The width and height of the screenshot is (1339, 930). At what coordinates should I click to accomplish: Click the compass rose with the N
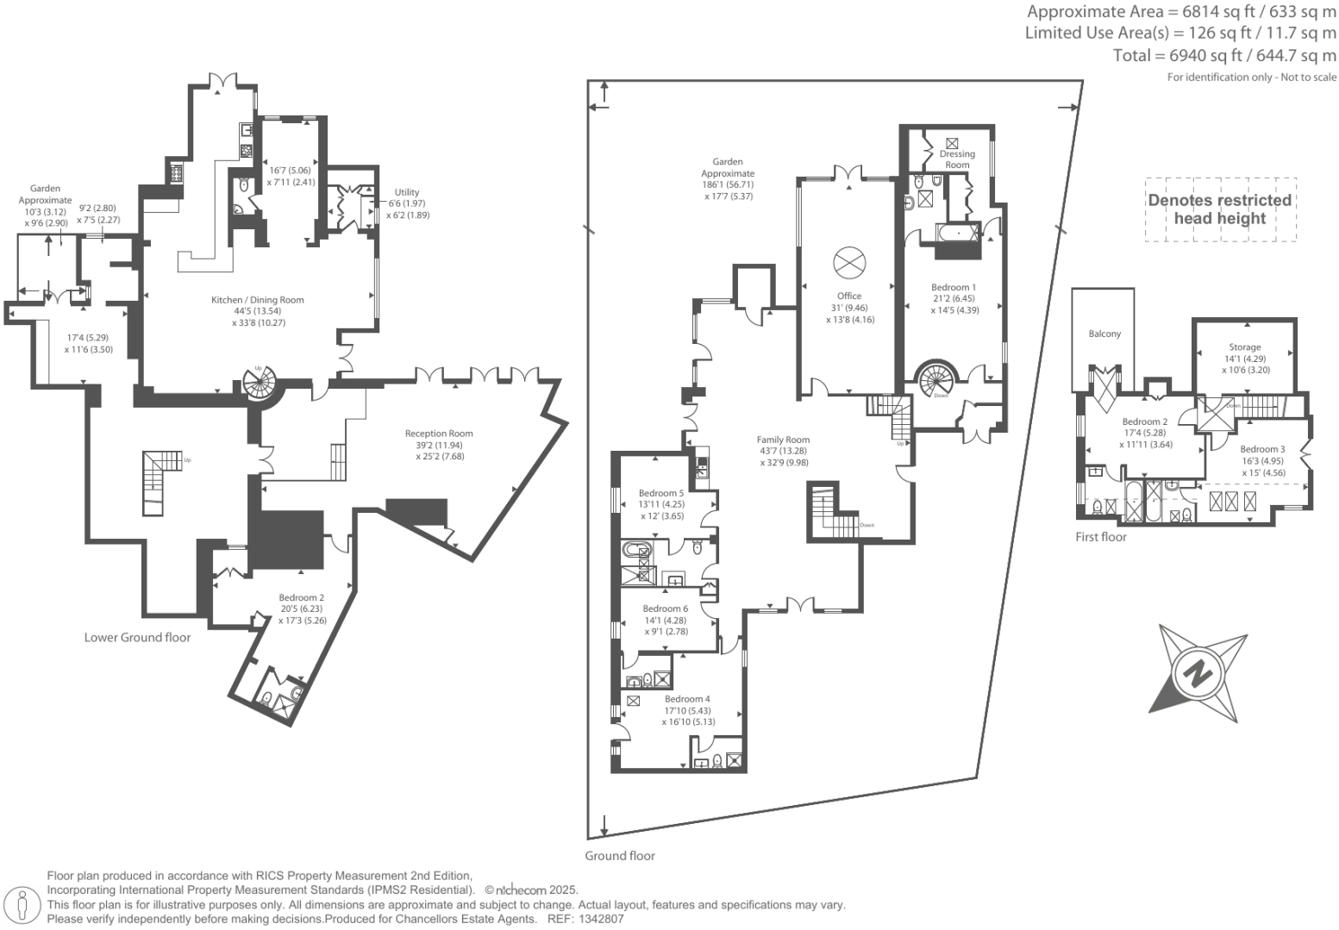click(x=1198, y=670)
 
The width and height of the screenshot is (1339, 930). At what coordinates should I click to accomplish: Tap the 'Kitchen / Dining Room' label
click(x=258, y=300)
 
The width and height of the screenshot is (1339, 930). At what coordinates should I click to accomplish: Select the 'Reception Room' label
click(x=439, y=434)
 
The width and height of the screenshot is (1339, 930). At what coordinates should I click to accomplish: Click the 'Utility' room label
click(x=407, y=192)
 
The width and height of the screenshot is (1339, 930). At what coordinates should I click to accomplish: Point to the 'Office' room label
click(x=849, y=296)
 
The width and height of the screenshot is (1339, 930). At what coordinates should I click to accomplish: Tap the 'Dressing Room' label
click(x=957, y=159)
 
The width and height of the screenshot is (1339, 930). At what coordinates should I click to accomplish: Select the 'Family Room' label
click(x=784, y=440)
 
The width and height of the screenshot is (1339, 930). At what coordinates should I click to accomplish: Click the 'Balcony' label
click(x=1104, y=334)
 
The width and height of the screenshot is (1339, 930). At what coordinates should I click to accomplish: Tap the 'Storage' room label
click(x=1245, y=347)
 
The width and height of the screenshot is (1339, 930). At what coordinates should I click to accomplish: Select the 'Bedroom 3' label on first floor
click(x=1262, y=449)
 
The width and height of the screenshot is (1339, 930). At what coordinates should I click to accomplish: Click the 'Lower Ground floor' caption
click(x=137, y=638)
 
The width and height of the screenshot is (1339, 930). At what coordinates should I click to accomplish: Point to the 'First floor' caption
click(x=1100, y=537)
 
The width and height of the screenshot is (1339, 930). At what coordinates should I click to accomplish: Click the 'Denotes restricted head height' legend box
click(x=1219, y=209)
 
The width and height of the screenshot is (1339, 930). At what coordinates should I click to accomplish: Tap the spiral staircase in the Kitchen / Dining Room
click(x=263, y=382)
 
